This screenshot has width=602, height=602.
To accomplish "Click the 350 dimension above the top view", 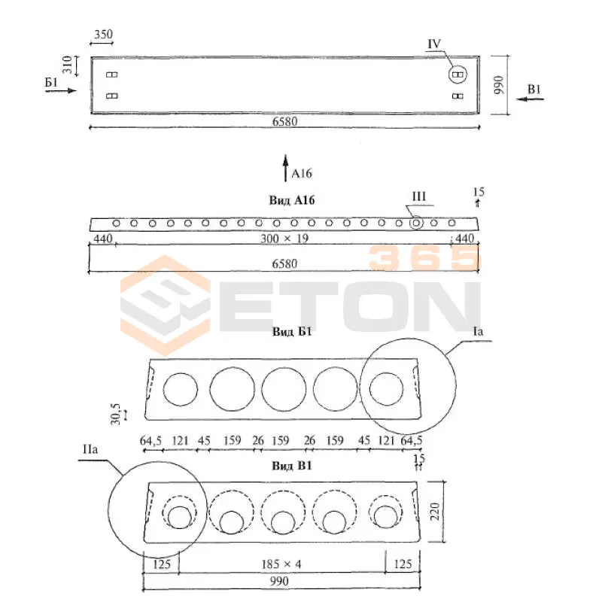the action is [104, 35].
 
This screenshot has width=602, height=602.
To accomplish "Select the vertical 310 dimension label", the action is [67, 65].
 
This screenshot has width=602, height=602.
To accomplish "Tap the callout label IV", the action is [434, 44].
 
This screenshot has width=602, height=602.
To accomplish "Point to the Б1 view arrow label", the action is [51, 82].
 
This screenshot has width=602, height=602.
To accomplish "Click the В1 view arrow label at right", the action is [534, 90].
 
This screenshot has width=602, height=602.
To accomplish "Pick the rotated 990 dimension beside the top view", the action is [498, 85].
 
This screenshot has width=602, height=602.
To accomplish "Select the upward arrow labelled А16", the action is [285, 168].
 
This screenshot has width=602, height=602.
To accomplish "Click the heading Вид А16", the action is [292, 200].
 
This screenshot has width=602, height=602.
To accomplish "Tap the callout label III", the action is [419, 196].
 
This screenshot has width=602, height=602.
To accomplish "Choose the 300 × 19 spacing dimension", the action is [284, 239].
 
